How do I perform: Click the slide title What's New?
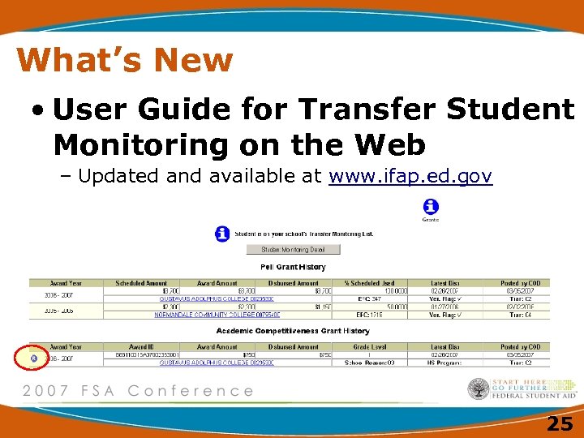124,59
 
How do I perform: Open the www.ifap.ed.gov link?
410,176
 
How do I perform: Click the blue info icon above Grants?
432,207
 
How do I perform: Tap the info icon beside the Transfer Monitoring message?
222,234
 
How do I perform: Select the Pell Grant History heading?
293,267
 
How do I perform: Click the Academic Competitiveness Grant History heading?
293,331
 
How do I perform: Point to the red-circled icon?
33,357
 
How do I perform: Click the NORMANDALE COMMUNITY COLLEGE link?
219,314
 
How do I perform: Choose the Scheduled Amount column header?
141,283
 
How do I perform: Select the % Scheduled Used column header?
370,283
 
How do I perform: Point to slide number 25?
559,422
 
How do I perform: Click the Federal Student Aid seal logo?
479,389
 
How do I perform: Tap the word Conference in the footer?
191,390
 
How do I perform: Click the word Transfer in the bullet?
371,109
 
